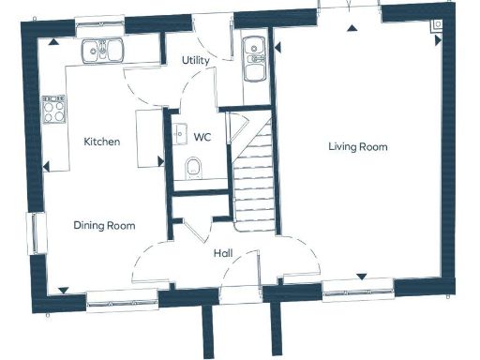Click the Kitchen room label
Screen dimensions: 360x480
point(102,142)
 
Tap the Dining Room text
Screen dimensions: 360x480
point(104,226)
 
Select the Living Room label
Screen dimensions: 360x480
point(357,147)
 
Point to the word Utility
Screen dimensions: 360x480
point(195,60)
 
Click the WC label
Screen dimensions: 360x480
point(202,137)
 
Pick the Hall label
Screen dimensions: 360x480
point(222,253)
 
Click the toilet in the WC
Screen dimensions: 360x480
point(194,168)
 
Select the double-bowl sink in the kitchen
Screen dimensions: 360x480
point(103,50)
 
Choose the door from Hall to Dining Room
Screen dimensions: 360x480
point(150,262)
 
